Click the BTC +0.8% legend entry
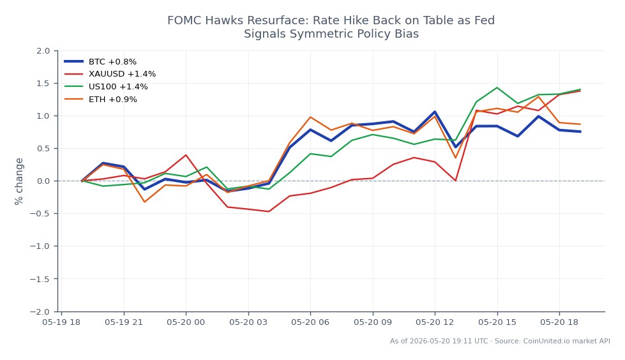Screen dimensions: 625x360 pyautogui.click(x=100, y=61)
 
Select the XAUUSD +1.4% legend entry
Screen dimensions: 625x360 pyautogui.click(x=110, y=74)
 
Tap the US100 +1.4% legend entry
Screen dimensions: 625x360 pyautogui.click(x=106, y=87)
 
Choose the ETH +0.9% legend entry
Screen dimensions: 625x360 pyautogui.click(x=101, y=100)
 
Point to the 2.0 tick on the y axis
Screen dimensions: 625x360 pyautogui.click(x=43, y=50)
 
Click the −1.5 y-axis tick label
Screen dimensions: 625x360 pyautogui.click(x=40, y=279)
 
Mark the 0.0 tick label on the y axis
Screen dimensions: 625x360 pyautogui.click(x=43, y=181)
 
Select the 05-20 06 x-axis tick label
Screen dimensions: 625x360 pyautogui.click(x=310, y=322)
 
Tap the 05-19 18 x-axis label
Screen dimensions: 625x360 pyautogui.click(x=61, y=322)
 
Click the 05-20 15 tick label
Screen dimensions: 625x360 pyautogui.click(x=497, y=322)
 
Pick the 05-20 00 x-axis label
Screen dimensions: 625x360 pyautogui.click(x=186, y=322)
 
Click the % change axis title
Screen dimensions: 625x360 pyautogui.click(x=19, y=181)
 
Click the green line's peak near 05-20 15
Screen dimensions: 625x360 pyautogui.click(x=497, y=87)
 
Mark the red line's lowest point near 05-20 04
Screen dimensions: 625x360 pyautogui.click(x=269, y=211)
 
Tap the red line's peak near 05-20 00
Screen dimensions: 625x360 pyautogui.click(x=186, y=155)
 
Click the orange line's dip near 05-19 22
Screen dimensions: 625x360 pyautogui.click(x=144, y=202)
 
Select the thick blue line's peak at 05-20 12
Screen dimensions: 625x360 pyautogui.click(x=435, y=112)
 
